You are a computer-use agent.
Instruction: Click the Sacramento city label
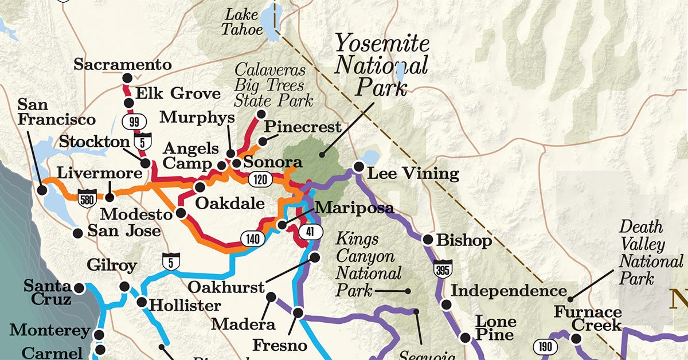coord(122,64)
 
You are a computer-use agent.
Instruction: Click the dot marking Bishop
coord(428,240)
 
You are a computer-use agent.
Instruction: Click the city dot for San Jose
coord(78,233)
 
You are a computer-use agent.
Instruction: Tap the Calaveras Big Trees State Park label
coord(273,85)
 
